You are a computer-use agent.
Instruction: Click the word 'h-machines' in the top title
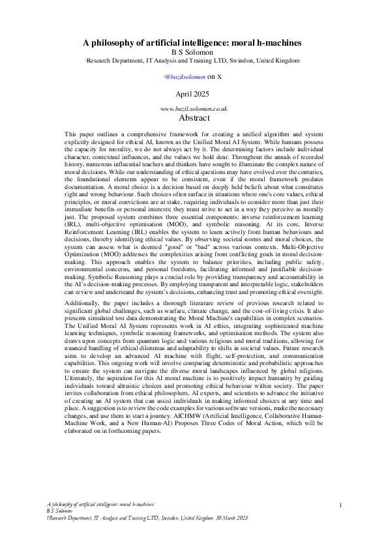tap(278, 43)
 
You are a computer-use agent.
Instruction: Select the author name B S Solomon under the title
tap(194, 52)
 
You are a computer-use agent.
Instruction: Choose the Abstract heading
tap(194, 118)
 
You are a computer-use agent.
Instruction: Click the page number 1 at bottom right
tap(341, 506)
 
